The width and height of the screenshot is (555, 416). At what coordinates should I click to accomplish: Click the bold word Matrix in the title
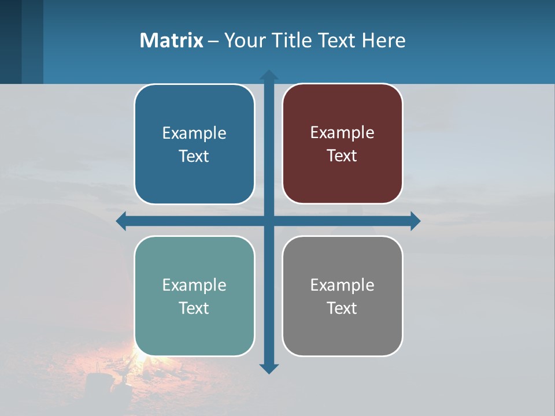pos(171,40)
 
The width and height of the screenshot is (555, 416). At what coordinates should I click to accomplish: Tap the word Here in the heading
pos(384,40)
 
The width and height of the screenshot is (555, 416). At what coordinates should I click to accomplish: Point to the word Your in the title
pos(242,40)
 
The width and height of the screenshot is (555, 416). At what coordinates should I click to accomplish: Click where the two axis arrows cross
pos(269,221)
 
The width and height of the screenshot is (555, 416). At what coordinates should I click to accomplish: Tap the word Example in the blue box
pos(194,133)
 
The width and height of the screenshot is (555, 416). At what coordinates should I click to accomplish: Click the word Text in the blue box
pos(194,156)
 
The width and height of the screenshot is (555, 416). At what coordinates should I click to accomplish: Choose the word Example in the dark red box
pos(342,132)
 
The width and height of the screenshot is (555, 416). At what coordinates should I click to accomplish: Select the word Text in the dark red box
pos(342,155)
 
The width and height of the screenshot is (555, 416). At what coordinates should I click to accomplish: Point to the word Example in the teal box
pos(194,285)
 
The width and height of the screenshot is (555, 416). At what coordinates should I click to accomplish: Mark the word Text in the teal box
pos(194,308)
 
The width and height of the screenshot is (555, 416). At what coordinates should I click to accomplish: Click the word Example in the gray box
pos(342,285)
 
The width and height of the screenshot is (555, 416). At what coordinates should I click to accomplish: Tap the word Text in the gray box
pos(342,308)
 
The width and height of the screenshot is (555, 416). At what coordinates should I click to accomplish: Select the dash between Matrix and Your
pos(213,41)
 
